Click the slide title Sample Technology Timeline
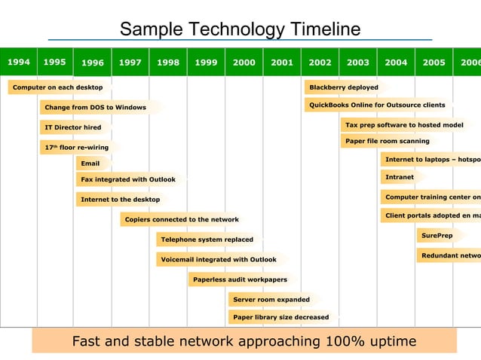point(240,29)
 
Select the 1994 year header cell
point(19,63)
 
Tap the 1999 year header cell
point(206,63)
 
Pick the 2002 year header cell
point(320,63)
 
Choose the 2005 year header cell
point(434,63)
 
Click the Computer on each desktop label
point(57,87)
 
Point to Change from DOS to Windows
point(95,108)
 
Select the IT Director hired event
point(72,127)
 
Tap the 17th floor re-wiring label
point(76,147)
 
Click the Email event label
point(90,163)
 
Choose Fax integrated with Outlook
point(128,179)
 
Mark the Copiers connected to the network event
point(182,220)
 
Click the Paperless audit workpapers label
point(240,279)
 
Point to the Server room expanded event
point(271,299)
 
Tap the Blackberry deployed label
point(344,87)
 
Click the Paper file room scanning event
point(388,141)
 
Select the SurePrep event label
point(437,236)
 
